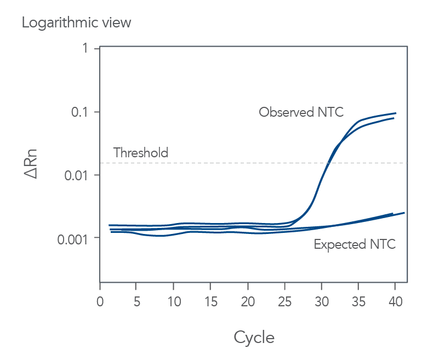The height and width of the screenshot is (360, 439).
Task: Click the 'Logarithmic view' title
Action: click(77, 23)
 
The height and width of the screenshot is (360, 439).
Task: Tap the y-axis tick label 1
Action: click(85, 49)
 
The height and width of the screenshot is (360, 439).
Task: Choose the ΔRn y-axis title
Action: click(32, 164)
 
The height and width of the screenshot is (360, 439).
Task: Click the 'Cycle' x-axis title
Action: click(254, 337)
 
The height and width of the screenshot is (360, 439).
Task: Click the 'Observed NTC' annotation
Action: click(301, 112)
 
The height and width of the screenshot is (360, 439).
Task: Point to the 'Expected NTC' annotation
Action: click(355, 244)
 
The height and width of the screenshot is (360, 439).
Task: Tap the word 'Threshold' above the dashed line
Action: click(141, 153)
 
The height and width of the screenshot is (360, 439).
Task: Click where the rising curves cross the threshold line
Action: click(328, 163)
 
